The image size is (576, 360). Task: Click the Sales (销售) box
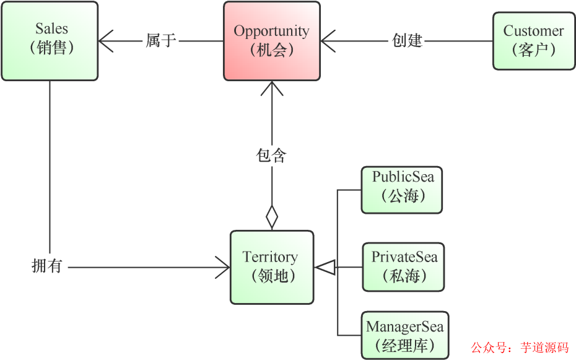50,41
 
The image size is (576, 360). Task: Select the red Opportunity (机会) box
272,41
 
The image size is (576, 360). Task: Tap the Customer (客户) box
533,41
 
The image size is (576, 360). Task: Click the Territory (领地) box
272,267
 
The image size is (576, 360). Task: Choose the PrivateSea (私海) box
403,267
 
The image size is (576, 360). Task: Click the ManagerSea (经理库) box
404,335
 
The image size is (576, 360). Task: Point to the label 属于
161,41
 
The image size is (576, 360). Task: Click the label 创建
407,41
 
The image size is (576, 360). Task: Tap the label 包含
271,155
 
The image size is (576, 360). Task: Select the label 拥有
47,266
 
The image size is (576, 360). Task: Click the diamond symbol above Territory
272,217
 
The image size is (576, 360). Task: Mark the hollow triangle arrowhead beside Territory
325,268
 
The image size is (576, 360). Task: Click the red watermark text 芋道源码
544,348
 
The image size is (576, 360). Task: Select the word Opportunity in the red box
271,31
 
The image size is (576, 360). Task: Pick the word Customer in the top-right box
533,31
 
